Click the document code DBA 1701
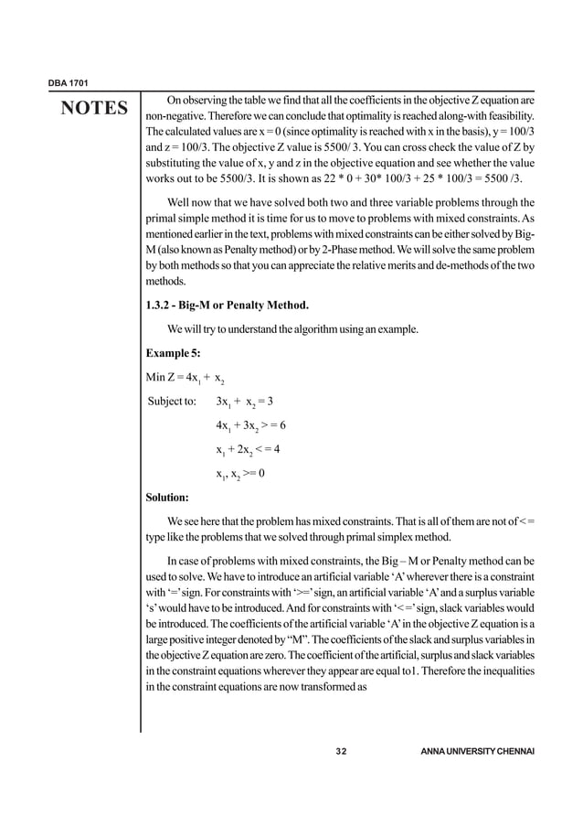coord(66,83)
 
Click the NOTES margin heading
coord(94,109)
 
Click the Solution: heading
coord(167,498)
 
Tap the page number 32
coord(342,751)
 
